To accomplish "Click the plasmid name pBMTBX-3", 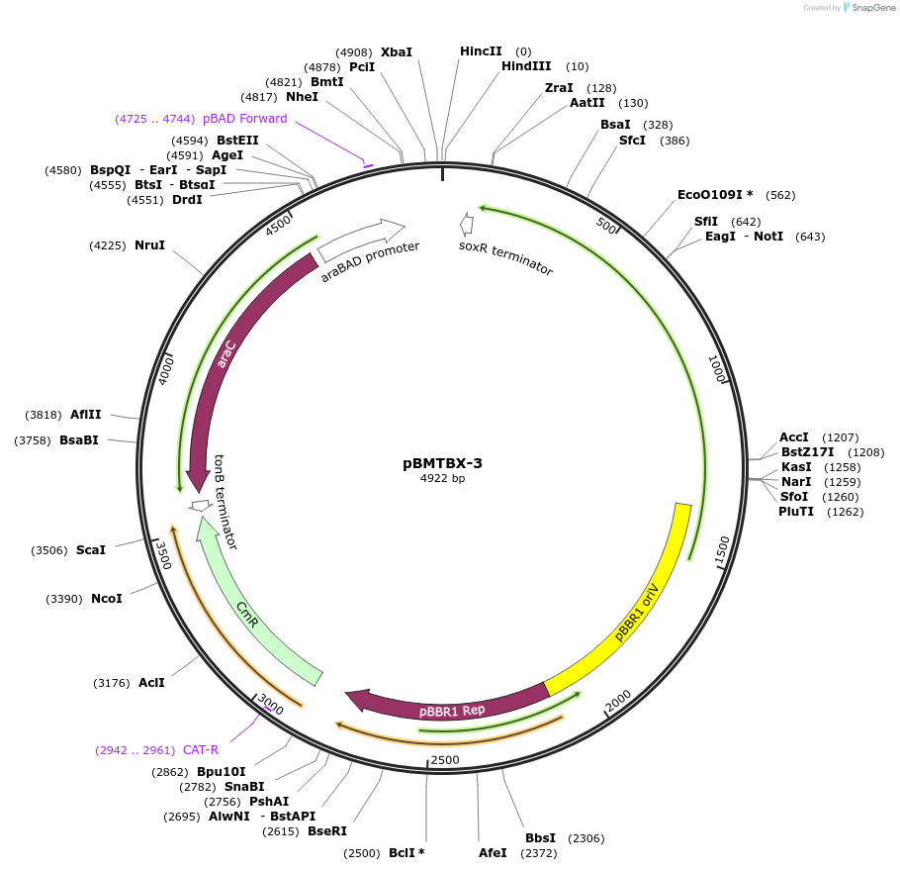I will [x=442, y=462].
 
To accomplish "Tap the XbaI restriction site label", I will [x=397, y=51].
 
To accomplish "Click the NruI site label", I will [x=149, y=244].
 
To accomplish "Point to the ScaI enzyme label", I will [x=90, y=549].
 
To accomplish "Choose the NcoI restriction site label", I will [x=106, y=598].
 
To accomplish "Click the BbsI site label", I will [x=541, y=838].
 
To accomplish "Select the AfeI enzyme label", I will [x=492, y=852].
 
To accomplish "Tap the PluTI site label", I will [x=796, y=512].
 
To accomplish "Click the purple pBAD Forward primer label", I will [x=244, y=119].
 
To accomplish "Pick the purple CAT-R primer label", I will [x=201, y=749].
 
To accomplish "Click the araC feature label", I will [x=226, y=354].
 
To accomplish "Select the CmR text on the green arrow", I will [x=247, y=617].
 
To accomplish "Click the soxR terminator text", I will [x=505, y=257].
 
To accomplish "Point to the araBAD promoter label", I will [x=370, y=261].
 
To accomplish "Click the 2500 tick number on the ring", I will [x=444, y=759].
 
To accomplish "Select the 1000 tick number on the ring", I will [x=718, y=369].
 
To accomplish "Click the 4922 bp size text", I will [x=442, y=479].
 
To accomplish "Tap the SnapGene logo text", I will [x=872, y=8].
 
